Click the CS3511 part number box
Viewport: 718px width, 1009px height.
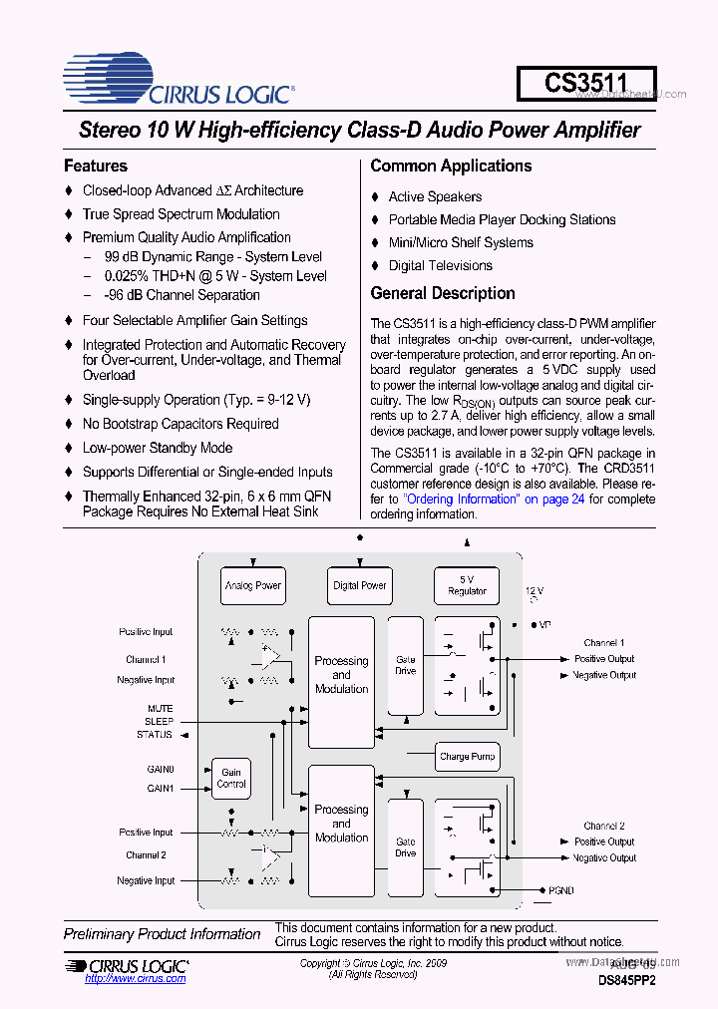[x=586, y=84]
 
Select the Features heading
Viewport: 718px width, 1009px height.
[x=96, y=166]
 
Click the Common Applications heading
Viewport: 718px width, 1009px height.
[x=451, y=166]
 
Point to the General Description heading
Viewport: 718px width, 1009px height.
[x=443, y=293]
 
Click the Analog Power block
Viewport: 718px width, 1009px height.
[x=252, y=586]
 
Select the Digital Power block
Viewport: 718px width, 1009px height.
[x=360, y=586]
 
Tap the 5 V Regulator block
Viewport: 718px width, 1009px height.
[x=467, y=585]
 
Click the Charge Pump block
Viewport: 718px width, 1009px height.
[x=467, y=757]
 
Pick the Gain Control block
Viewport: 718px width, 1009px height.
[x=231, y=778]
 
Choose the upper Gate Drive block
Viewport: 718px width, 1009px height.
[x=405, y=665]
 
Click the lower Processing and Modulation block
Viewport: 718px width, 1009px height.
[x=341, y=824]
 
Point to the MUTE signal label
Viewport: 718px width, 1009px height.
[x=160, y=709]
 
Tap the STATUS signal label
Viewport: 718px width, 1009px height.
[x=155, y=735]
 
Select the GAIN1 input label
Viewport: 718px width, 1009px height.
[x=161, y=788]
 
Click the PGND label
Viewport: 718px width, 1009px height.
[x=561, y=890]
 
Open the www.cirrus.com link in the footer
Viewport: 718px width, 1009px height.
[x=135, y=979]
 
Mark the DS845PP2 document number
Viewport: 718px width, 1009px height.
[x=627, y=980]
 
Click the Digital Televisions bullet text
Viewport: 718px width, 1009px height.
[x=440, y=265]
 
